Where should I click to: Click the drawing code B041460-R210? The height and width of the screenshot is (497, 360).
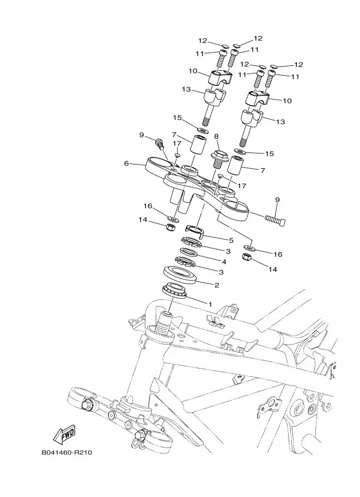[67, 452]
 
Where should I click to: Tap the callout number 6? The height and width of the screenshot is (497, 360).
[126, 163]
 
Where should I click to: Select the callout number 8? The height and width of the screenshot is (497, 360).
[216, 137]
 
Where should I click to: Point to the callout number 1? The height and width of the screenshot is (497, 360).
[210, 304]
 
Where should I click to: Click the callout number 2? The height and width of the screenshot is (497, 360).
[217, 285]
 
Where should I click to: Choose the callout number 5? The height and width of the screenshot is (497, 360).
[231, 240]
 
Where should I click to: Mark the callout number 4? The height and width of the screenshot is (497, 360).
[224, 262]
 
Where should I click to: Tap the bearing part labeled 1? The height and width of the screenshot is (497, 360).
[174, 291]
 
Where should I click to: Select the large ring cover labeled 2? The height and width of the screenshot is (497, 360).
[180, 274]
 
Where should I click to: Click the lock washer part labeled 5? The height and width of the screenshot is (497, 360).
[194, 231]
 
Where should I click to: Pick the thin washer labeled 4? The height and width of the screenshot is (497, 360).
[189, 252]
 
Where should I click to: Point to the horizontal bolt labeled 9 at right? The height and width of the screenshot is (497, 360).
[275, 219]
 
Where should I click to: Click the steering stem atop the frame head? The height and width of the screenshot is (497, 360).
[165, 323]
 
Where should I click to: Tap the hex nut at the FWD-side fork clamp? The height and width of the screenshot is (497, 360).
[86, 404]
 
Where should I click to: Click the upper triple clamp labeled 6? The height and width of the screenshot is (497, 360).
[197, 188]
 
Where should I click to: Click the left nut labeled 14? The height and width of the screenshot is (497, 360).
[170, 227]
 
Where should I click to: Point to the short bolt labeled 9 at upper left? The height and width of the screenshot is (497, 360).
[160, 144]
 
